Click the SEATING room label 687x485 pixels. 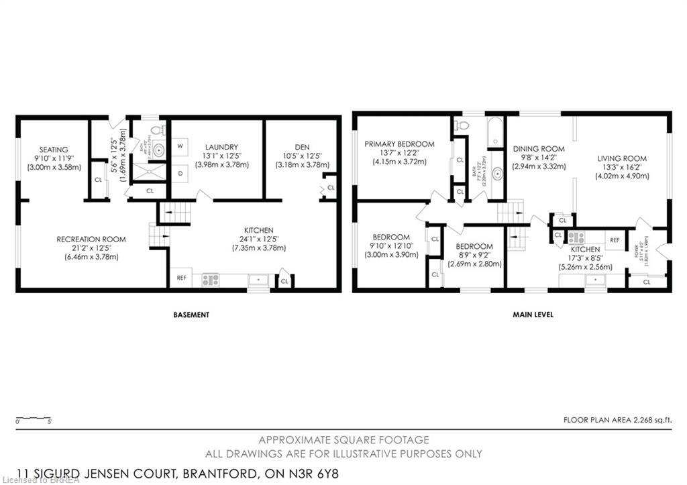[x=53, y=149]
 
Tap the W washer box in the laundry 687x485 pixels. [x=180, y=146]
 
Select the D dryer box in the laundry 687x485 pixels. [x=180, y=172]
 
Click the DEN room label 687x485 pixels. [x=301, y=147]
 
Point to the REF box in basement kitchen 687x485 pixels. [x=181, y=277]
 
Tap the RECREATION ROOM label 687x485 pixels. [x=91, y=239]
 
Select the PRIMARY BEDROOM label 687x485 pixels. [x=399, y=144]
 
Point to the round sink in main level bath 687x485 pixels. [x=496, y=174]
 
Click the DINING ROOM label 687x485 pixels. [x=539, y=149]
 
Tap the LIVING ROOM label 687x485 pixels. [x=622, y=158]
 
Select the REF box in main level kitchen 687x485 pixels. [x=614, y=239]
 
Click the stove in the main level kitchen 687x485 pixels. [x=576, y=237]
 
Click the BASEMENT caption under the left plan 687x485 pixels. [x=191, y=315]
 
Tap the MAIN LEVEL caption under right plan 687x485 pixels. [x=533, y=315]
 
